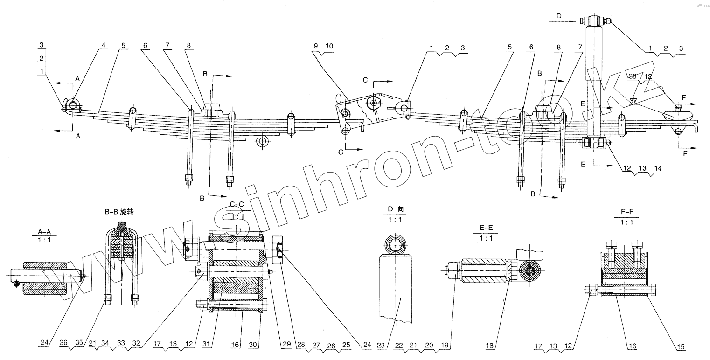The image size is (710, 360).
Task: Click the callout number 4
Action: pos(104,45)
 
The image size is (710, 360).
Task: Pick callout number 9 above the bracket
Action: pos(316,46)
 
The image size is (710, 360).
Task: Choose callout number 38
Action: pos(632,76)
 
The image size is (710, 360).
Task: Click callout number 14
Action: pos(657,168)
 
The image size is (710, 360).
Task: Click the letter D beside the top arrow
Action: pos(559,16)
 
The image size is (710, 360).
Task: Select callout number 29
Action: pos(286,345)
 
